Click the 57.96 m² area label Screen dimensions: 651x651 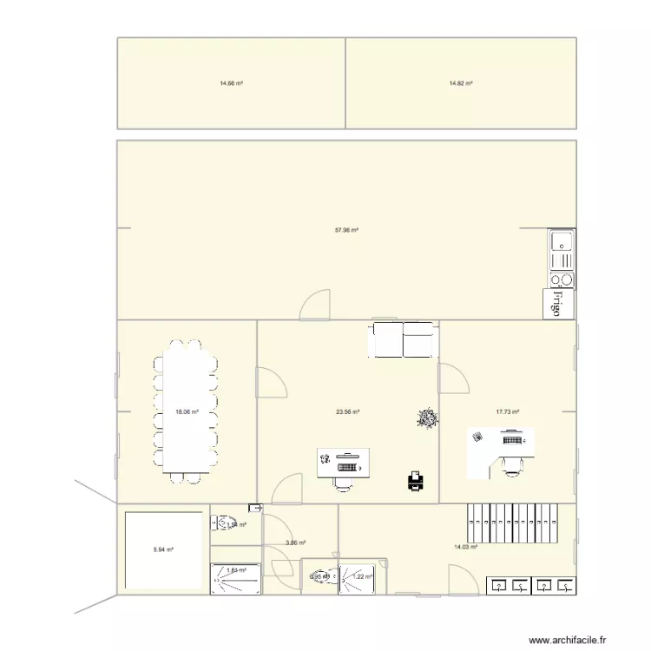[346, 230]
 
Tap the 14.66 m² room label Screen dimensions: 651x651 [231, 83]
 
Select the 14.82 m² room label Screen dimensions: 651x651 [460, 83]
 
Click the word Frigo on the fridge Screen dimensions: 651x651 [559, 303]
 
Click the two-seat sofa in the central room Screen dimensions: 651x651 [404, 339]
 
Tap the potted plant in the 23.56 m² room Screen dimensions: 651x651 [427, 419]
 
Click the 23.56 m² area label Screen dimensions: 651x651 [348, 412]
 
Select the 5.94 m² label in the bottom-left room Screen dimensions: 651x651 [163, 549]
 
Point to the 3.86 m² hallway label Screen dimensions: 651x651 [295, 543]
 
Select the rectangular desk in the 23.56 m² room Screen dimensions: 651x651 [344, 461]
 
